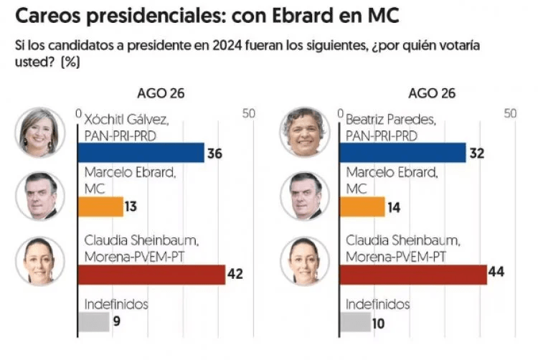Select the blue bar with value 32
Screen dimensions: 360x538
pos(402,153)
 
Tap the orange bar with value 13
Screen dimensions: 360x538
pos(100,207)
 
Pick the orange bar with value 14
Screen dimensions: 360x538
pos(363,207)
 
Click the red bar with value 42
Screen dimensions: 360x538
pos(151,275)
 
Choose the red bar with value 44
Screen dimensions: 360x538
pos(412,275)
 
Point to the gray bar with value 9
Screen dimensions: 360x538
pos(93,322)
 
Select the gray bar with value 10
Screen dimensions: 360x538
pos(355,322)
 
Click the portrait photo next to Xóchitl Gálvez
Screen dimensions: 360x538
pos(40,133)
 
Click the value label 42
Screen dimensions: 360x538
pos(236,275)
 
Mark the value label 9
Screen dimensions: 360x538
pos(115,322)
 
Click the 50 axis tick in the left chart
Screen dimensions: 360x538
pos(247,114)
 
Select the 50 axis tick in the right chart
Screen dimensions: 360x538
pos(510,114)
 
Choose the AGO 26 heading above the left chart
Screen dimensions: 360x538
pos(161,93)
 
